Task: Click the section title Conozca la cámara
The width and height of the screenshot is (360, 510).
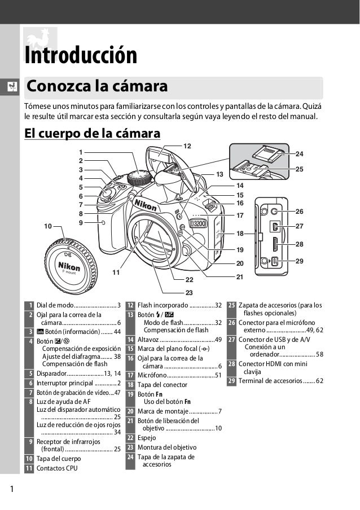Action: click(x=97, y=87)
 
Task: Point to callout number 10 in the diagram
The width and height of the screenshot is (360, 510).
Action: click(x=47, y=226)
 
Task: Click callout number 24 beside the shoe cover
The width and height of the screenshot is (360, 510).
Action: click(x=299, y=153)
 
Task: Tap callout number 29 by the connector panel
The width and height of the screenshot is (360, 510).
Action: click(x=299, y=261)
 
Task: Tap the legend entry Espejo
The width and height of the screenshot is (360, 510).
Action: click(x=147, y=437)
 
